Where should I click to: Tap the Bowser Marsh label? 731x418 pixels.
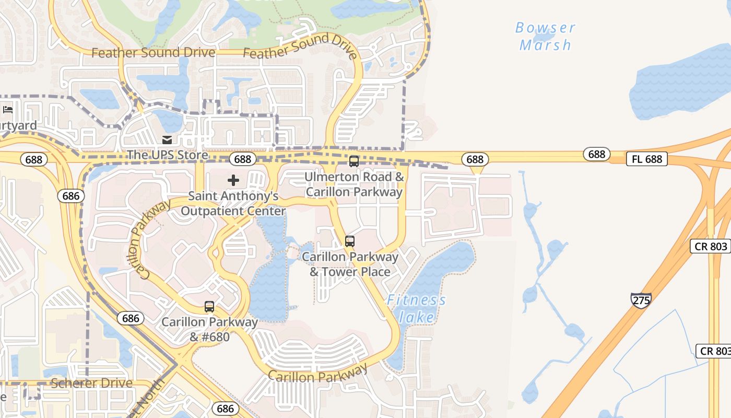(x=545, y=36)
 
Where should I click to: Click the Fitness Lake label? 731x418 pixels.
(x=417, y=308)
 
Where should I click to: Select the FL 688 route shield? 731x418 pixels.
(x=646, y=159)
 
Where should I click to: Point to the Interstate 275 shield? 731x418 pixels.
(x=641, y=300)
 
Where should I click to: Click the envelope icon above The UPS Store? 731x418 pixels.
(x=167, y=140)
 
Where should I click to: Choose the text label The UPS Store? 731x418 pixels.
(x=167, y=155)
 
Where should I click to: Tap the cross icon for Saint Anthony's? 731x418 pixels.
(x=233, y=180)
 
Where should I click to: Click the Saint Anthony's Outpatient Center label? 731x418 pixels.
(x=233, y=204)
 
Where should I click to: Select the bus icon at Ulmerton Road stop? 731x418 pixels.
(x=354, y=161)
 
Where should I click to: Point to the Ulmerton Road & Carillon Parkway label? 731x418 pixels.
(x=355, y=184)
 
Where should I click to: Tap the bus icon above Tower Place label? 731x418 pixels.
(x=350, y=241)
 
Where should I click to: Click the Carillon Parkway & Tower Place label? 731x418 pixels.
(x=350, y=264)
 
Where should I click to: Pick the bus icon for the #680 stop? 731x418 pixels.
(x=209, y=307)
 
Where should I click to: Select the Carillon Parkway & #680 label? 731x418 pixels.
(x=209, y=329)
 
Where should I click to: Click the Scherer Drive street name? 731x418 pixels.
(x=92, y=383)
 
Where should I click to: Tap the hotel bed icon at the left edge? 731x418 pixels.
(x=8, y=110)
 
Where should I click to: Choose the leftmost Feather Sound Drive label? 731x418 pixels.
(x=153, y=53)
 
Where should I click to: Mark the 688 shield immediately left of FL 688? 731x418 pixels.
(x=596, y=154)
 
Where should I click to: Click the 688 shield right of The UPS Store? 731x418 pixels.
(x=243, y=159)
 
